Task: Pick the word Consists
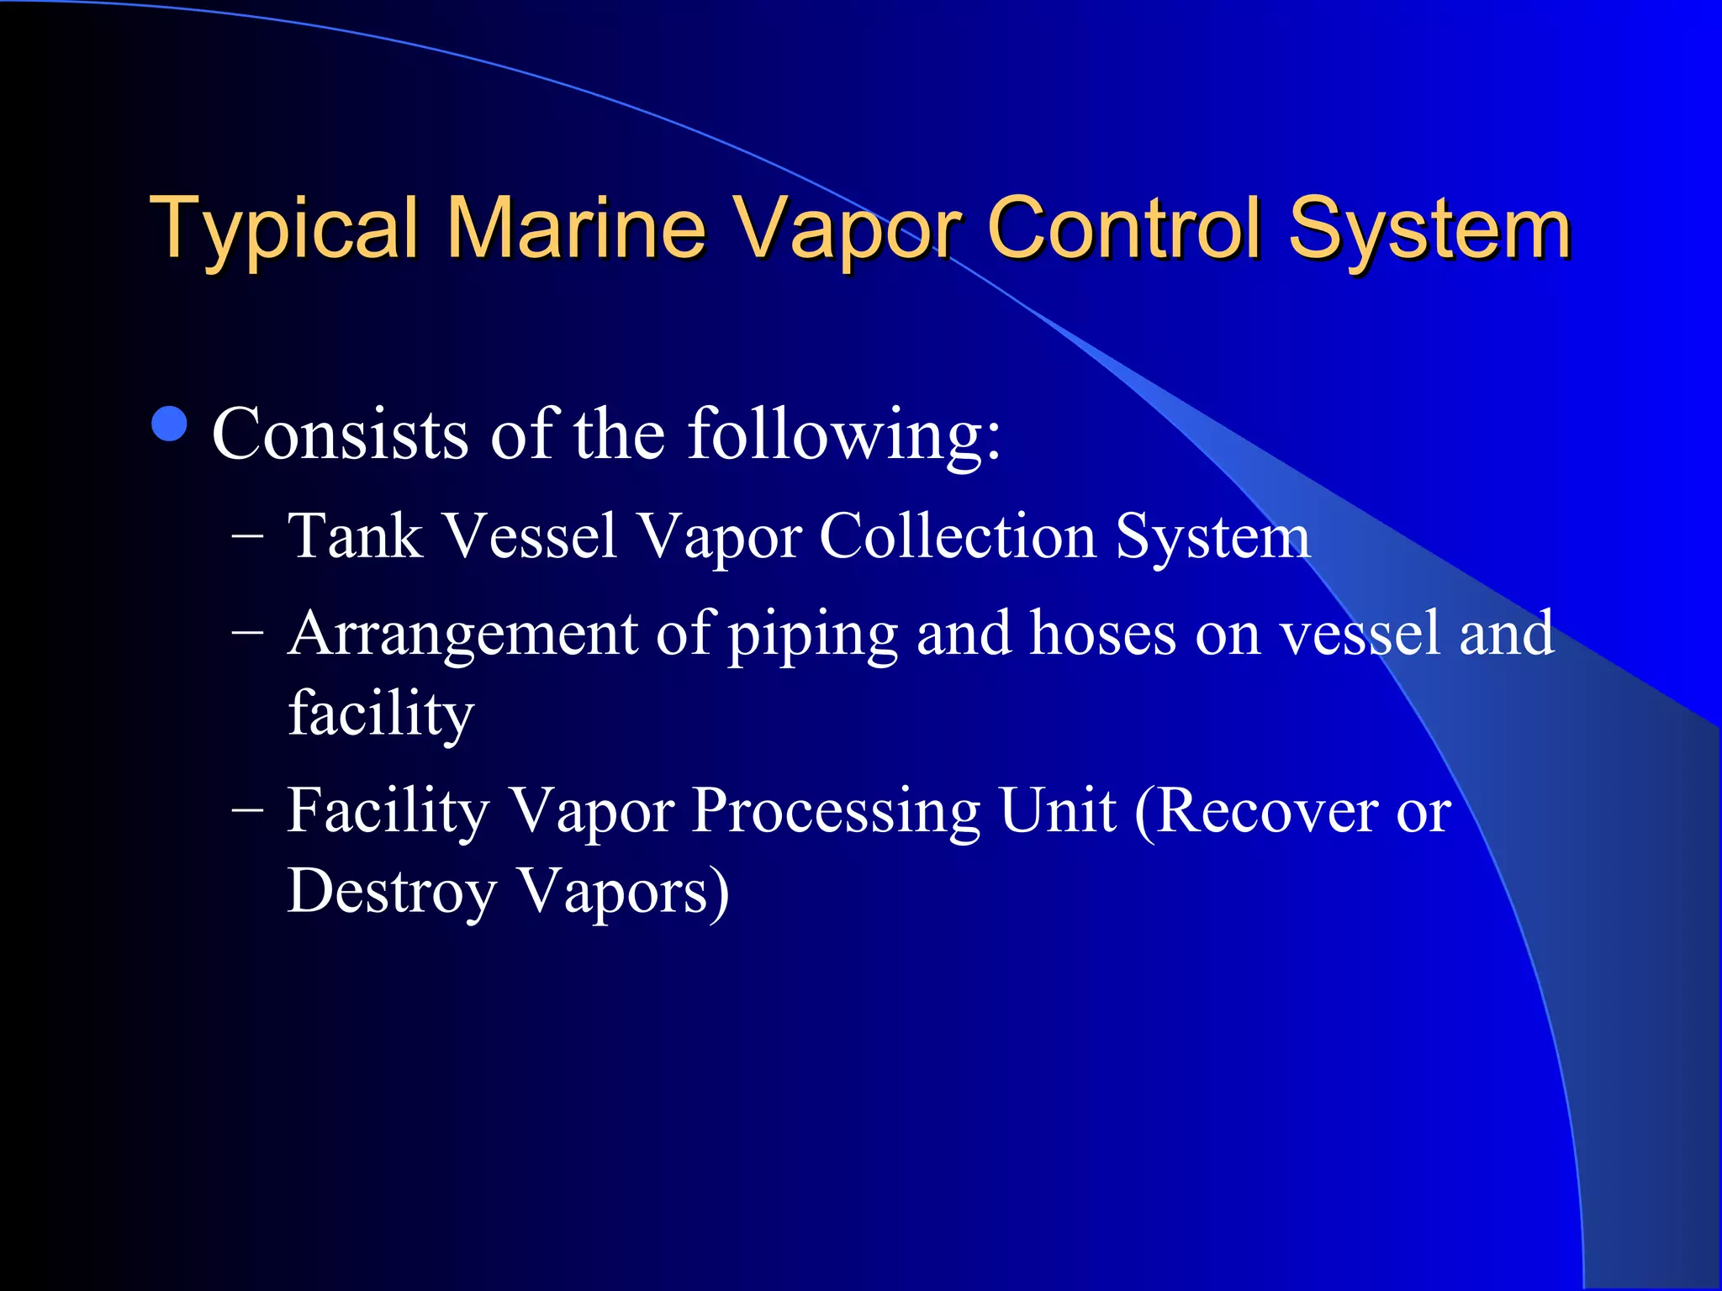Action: tap(340, 435)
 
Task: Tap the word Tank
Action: tap(355, 536)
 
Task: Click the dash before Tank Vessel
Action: tap(247, 535)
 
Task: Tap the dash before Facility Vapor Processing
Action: tap(247, 809)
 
